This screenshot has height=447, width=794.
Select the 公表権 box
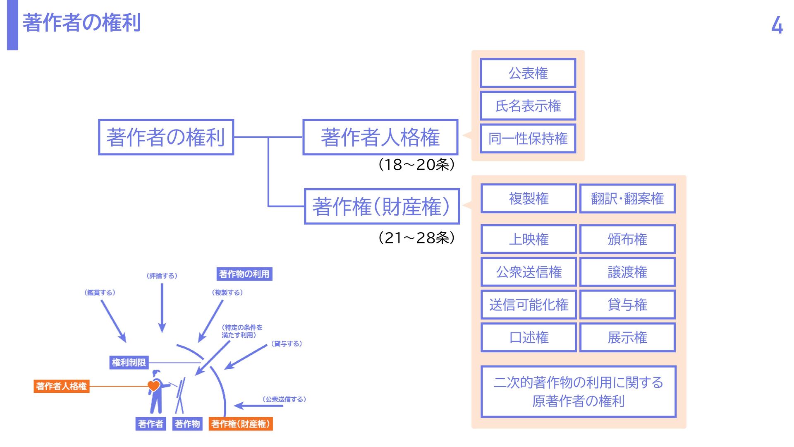pyautogui.click(x=528, y=73)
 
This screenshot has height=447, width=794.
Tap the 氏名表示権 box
pyautogui.click(x=528, y=106)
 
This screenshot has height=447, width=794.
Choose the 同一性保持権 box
pyautogui.click(x=528, y=139)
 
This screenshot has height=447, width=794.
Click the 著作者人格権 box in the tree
pyautogui.click(x=380, y=137)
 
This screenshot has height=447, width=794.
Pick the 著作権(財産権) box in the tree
pyautogui.click(x=382, y=207)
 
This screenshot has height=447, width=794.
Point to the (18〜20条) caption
pyautogui.click(x=416, y=165)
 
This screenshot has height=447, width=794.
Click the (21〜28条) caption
pyautogui.click(x=416, y=238)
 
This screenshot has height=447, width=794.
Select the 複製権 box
pyautogui.click(x=529, y=199)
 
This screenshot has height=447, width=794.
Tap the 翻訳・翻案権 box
pyautogui.click(x=627, y=199)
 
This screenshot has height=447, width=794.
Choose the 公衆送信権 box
pyautogui.click(x=529, y=272)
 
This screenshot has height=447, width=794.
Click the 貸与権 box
pyautogui.click(x=627, y=305)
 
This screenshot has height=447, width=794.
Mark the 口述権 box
pyautogui.click(x=529, y=337)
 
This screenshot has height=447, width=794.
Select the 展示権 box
pyautogui.click(x=627, y=337)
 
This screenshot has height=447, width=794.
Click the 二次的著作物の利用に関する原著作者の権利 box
pyautogui.click(x=578, y=392)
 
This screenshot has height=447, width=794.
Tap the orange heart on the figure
pyautogui.click(x=153, y=386)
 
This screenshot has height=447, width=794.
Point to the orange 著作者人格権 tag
pyautogui.click(x=61, y=386)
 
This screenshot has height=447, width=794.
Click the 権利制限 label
pyautogui.click(x=129, y=363)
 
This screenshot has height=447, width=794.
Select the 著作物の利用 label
pyautogui.click(x=244, y=274)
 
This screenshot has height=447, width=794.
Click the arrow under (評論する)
pyautogui.click(x=162, y=308)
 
